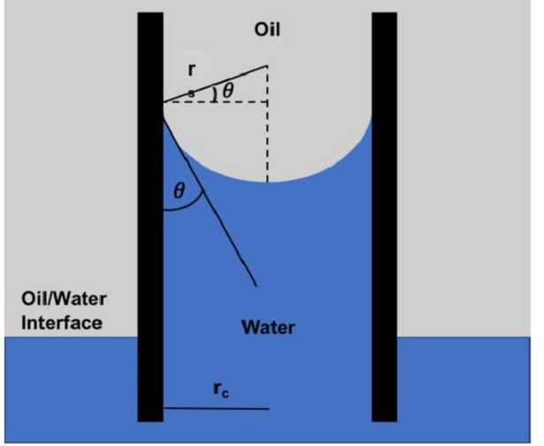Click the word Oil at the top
(x=267, y=30)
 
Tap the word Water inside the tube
(x=268, y=328)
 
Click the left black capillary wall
(x=150, y=221)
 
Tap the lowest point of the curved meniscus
(x=267, y=181)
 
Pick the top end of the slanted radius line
(x=266, y=65)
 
